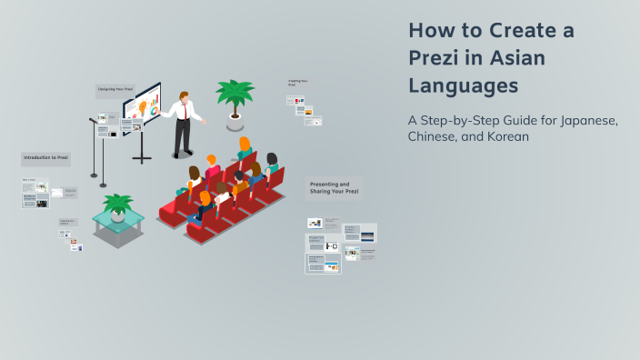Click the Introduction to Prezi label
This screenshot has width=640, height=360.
click(x=45, y=158)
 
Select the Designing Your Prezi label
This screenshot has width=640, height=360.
click(x=115, y=90)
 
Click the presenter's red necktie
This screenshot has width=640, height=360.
click(x=188, y=111)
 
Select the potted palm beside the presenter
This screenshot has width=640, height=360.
click(x=234, y=95)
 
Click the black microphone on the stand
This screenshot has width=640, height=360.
click(x=93, y=120)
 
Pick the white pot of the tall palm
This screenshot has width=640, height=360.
click(x=235, y=117)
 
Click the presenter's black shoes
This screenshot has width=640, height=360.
click(x=182, y=155)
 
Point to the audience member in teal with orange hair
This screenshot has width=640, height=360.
click(x=244, y=148)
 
